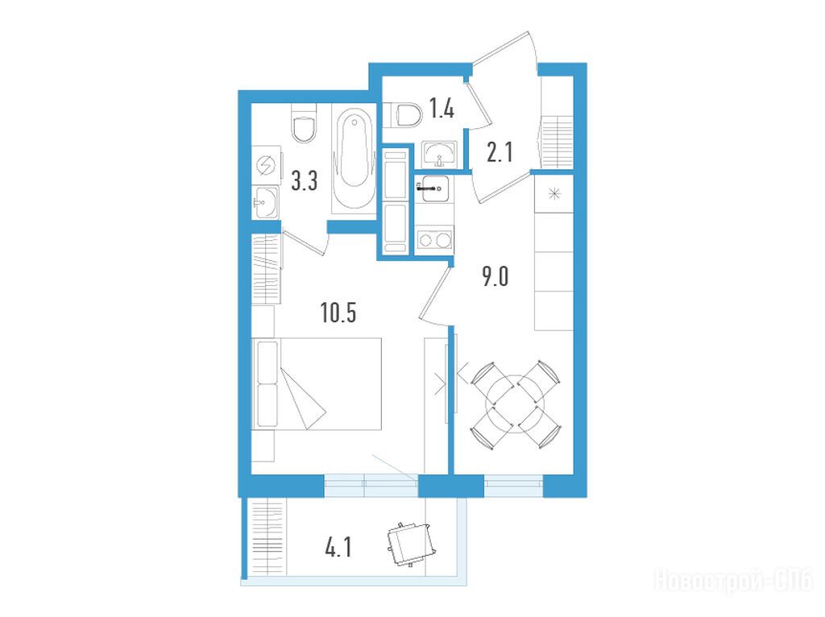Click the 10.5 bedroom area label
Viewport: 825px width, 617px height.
click(338, 313)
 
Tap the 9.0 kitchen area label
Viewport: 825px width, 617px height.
click(495, 276)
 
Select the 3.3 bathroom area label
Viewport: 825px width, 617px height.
click(304, 181)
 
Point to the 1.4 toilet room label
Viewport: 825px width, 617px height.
click(442, 109)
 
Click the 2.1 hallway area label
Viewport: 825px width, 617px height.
click(500, 152)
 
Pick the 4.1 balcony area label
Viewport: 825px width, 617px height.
click(338, 549)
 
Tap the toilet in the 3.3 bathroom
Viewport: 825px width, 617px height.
click(304, 123)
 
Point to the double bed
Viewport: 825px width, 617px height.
click(317, 384)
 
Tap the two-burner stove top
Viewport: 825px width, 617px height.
click(434, 240)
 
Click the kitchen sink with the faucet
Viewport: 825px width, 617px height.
click(433, 188)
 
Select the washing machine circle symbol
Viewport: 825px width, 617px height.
click(266, 166)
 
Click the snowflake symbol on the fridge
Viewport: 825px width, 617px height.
click(554, 194)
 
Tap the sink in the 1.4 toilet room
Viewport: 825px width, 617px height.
click(440, 154)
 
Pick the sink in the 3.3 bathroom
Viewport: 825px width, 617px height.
click(266, 202)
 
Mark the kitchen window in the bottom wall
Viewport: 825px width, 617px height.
click(513, 486)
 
